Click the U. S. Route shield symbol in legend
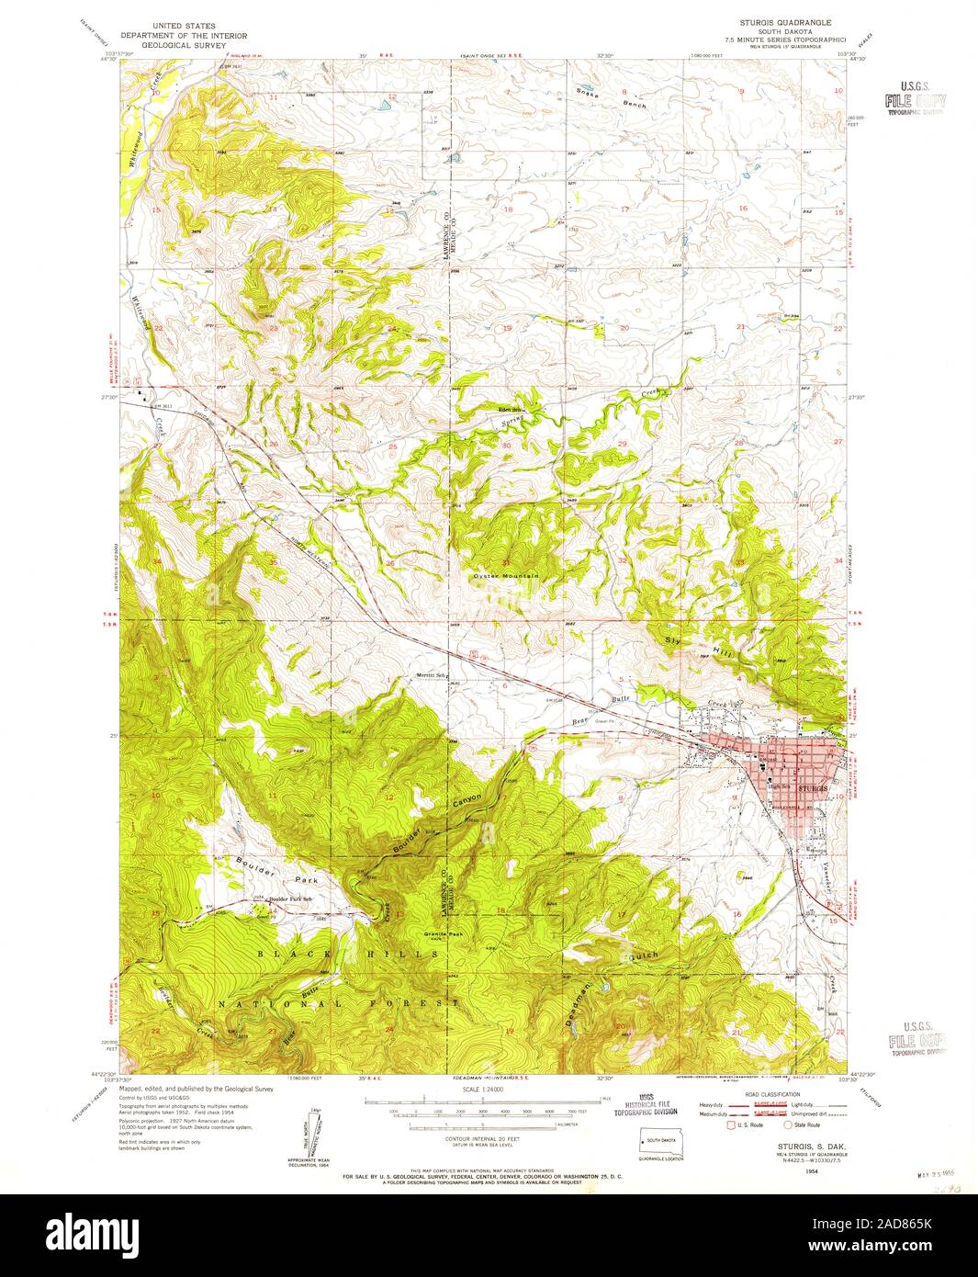[x=733, y=1124]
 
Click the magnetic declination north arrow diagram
[x=307, y=1139]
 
